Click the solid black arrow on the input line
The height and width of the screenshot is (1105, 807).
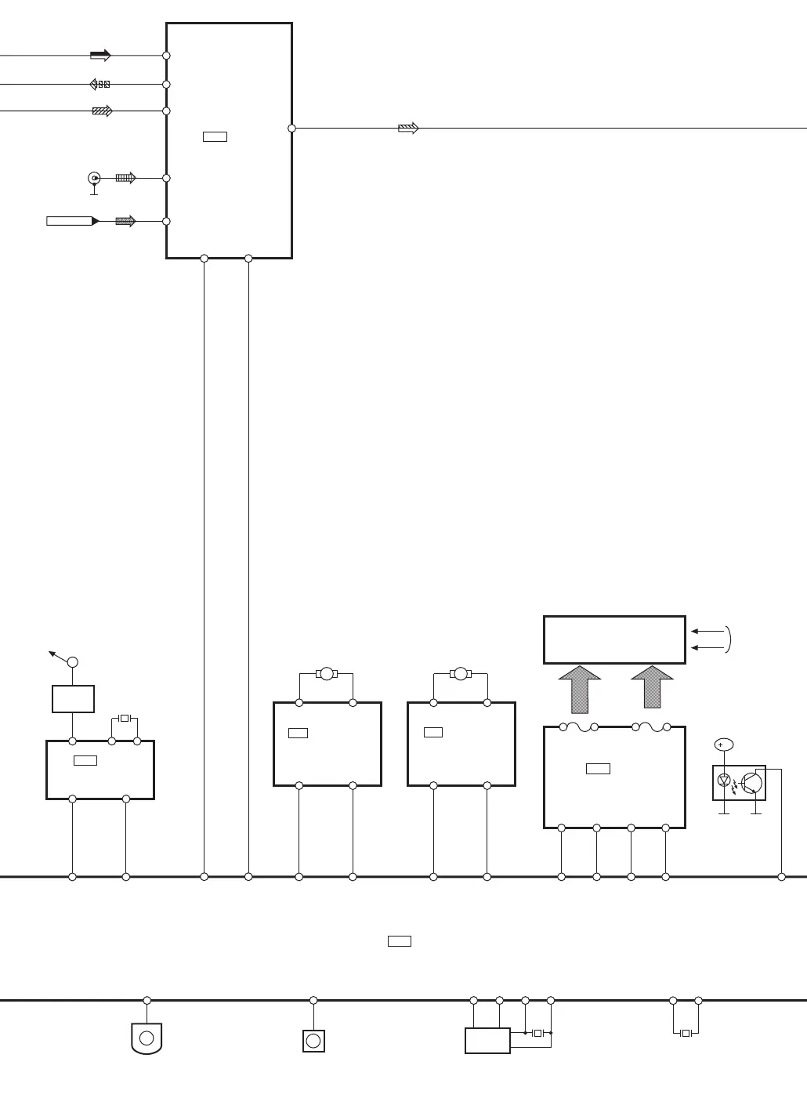[x=100, y=56]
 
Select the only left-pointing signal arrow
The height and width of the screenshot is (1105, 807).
[x=100, y=84]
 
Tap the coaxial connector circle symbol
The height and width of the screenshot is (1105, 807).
[x=94, y=179]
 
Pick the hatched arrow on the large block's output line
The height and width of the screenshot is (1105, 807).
[x=408, y=128]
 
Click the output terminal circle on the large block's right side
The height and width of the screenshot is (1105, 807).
[x=291, y=128]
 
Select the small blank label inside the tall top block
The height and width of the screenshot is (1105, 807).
[x=215, y=136]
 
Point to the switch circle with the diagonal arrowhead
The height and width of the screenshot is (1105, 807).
[x=73, y=662]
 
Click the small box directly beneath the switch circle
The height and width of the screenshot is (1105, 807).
[x=73, y=699]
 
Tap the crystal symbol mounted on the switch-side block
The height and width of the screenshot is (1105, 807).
[x=125, y=718]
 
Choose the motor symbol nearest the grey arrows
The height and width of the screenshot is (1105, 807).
[x=461, y=674]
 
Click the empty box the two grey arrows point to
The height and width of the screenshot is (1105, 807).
[x=614, y=639]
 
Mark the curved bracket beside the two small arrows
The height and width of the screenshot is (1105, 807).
[x=729, y=639]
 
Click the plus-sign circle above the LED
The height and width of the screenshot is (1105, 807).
[x=723, y=745]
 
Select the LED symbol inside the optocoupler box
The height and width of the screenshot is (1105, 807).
[x=725, y=781]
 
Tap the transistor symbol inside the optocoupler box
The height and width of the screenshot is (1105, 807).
[x=751, y=782]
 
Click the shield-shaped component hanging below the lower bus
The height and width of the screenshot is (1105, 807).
[x=147, y=1038]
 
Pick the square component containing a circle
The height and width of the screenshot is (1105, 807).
[x=313, y=1041]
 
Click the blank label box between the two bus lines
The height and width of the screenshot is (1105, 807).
[x=400, y=940]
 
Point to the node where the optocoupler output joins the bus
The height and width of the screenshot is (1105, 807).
[x=781, y=876]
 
